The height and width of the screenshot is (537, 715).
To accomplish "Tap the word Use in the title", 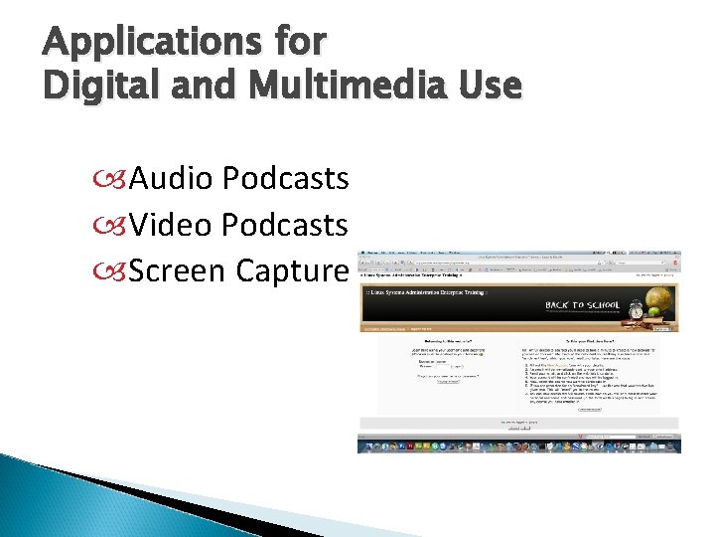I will point(488,87).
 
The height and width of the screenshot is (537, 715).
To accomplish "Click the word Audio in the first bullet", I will point(172,178).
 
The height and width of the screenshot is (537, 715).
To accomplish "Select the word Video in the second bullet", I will point(172,224).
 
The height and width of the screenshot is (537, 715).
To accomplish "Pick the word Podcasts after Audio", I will point(286,178).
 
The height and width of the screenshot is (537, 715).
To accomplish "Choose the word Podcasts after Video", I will point(286,224).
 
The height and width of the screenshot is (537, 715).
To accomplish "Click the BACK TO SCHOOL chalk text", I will point(583,305).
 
